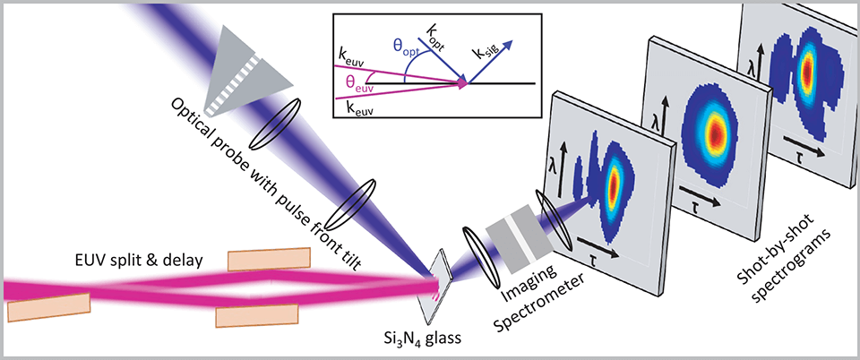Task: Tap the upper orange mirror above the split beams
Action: tap(261, 259)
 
